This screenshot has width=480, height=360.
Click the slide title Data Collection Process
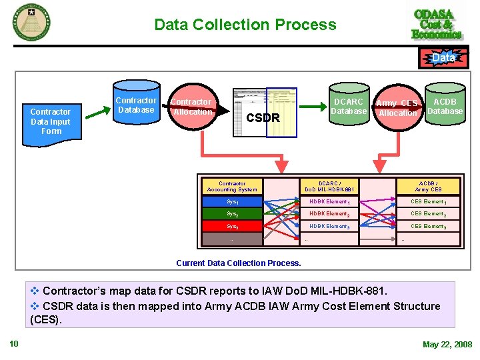click(245, 25)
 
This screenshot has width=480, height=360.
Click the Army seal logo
click(31, 22)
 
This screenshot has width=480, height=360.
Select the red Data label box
click(443, 58)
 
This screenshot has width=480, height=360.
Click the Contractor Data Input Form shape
click(51, 122)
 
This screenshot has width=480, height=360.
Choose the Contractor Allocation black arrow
click(197, 107)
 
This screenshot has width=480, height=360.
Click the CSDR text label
click(263, 119)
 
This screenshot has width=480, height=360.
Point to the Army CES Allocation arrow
click(397, 108)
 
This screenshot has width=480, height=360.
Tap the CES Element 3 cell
click(428, 227)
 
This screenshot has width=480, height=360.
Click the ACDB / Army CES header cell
click(428, 187)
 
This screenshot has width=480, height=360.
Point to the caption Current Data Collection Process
click(238, 263)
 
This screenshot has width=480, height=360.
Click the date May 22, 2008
click(447, 344)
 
